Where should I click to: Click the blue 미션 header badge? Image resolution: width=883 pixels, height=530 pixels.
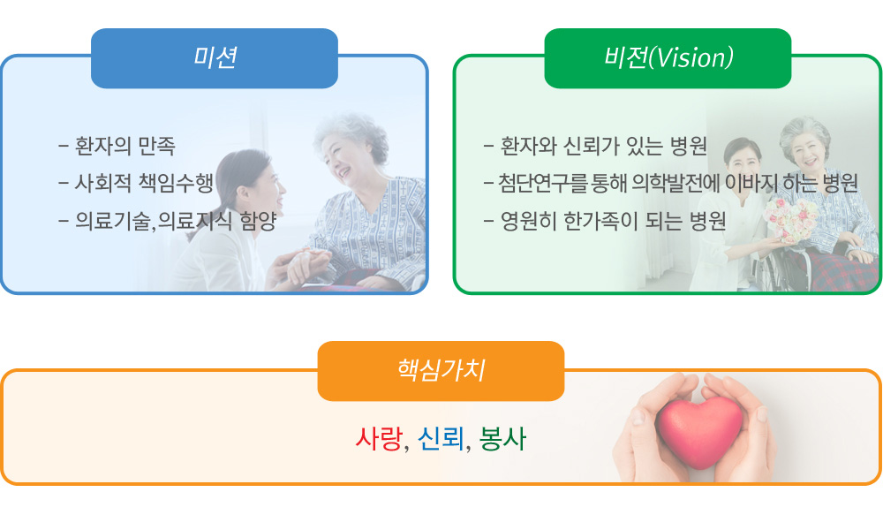tap(215, 58)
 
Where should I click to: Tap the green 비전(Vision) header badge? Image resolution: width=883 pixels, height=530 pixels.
tap(668, 58)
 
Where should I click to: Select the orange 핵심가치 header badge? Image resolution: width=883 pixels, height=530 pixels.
tap(441, 371)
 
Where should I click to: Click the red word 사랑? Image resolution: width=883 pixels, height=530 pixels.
tap(379, 439)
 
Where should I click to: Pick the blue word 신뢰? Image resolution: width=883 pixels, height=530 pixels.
tap(441, 439)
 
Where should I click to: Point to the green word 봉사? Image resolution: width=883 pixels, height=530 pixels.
tap(502, 439)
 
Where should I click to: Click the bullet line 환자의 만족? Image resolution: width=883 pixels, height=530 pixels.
tap(117, 146)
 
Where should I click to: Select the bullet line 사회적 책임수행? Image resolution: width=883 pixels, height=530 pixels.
tap(136, 183)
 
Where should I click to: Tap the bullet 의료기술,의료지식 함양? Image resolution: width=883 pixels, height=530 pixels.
tap(167, 220)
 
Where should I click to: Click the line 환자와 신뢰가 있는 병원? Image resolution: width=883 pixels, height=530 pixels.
tap(595, 146)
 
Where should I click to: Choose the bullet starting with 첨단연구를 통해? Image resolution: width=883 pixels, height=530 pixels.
tap(671, 183)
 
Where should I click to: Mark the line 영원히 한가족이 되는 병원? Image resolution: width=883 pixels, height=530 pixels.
tap(605, 220)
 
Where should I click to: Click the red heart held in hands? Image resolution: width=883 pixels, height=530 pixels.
tap(698, 431)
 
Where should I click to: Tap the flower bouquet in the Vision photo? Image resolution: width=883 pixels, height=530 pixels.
tap(791, 220)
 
